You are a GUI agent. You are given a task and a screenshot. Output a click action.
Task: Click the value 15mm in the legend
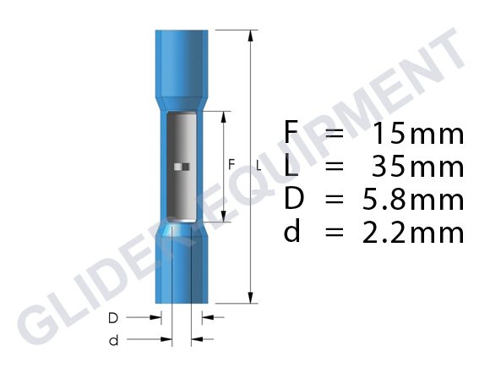417,134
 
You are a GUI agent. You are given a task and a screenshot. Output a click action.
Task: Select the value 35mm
417,167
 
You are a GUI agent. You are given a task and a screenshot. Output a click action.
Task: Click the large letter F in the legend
291,134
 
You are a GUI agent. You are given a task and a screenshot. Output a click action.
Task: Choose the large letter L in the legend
291,167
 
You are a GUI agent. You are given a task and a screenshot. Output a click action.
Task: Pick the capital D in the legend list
293,200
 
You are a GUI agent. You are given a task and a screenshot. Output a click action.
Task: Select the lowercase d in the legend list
292,232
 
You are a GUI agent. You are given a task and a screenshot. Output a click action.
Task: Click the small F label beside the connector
231,164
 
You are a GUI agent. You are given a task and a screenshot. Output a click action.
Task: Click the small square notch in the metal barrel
178,166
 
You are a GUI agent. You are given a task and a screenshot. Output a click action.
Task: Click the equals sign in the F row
335,134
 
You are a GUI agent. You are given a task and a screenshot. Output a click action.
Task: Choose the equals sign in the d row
335,232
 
